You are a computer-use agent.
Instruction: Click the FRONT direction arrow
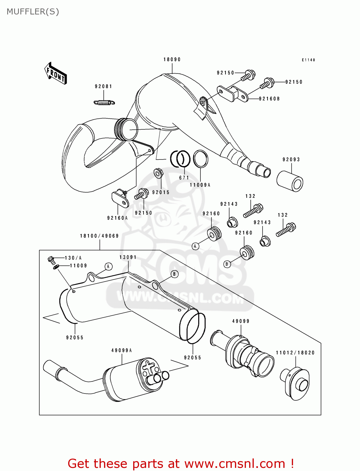pyautogui.click(x=56, y=73)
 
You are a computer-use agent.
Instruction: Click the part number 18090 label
pyautogui.click(x=172, y=59)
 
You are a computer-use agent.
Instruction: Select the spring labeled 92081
pyautogui.click(x=104, y=102)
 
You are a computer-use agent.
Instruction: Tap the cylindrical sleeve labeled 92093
pyautogui.click(x=290, y=181)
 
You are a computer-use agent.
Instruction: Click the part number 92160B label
pyautogui.click(x=269, y=99)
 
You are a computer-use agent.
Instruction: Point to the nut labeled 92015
pyautogui.click(x=158, y=173)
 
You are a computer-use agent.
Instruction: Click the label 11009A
pyautogui.click(x=200, y=185)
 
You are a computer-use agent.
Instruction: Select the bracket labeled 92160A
pyautogui.click(x=120, y=198)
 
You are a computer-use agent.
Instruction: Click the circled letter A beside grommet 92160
pyautogui.click(x=195, y=246)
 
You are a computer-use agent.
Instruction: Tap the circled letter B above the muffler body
pyautogui.click(x=174, y=274)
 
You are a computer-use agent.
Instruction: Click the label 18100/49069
pyautogui.click(x=99, y=236)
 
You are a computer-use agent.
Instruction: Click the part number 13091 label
pyautogui.click(x=128, y=257)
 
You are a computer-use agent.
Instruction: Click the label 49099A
pyautogui.click(x=122, y=350)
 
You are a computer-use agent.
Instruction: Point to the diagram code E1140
pyautogui.click(x=308, y=60)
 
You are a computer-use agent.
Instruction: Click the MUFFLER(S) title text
pyautogui.click(x=33, y=12)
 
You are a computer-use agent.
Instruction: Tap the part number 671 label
pyautogui.click(x=184, y=178)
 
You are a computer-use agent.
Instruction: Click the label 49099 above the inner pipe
pyautogui.click(x=241, y=321)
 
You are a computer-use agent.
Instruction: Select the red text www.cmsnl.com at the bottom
pyautogui.click(x=235, y=463)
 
